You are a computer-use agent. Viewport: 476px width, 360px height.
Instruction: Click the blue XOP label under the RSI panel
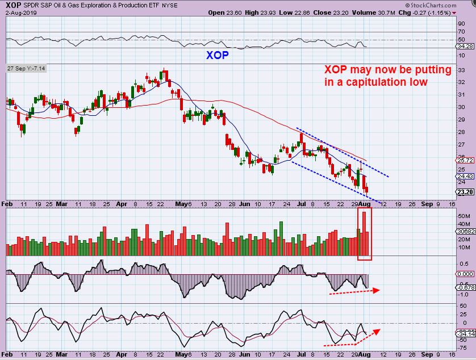pos(219,56)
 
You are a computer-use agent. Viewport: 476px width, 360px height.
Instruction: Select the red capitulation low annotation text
pos(388,76)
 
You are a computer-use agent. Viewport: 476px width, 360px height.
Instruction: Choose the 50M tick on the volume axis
pos(463,216)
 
